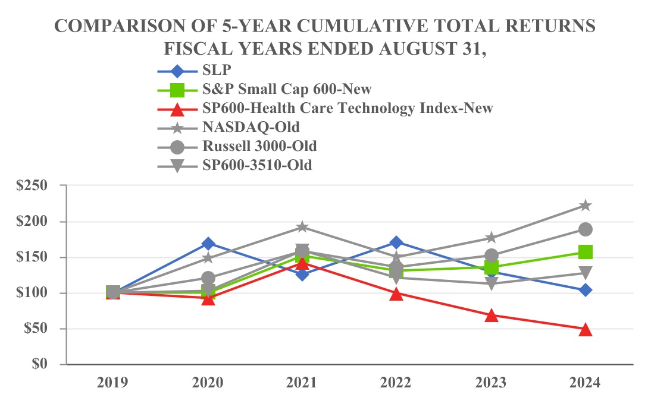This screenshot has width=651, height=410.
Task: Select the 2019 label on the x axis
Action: (113, 383)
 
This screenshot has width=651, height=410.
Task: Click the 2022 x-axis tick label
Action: (397, 383)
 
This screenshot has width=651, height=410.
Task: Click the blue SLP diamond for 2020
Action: (208, 244)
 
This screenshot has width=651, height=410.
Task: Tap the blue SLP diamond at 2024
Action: (586, 290)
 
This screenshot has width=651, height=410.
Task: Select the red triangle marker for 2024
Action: (586, 330)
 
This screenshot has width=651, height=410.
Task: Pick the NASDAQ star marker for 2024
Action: (586, 206)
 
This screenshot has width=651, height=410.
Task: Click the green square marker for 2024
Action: (586, 252)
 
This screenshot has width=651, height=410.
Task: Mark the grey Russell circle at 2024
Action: (586, 229)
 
